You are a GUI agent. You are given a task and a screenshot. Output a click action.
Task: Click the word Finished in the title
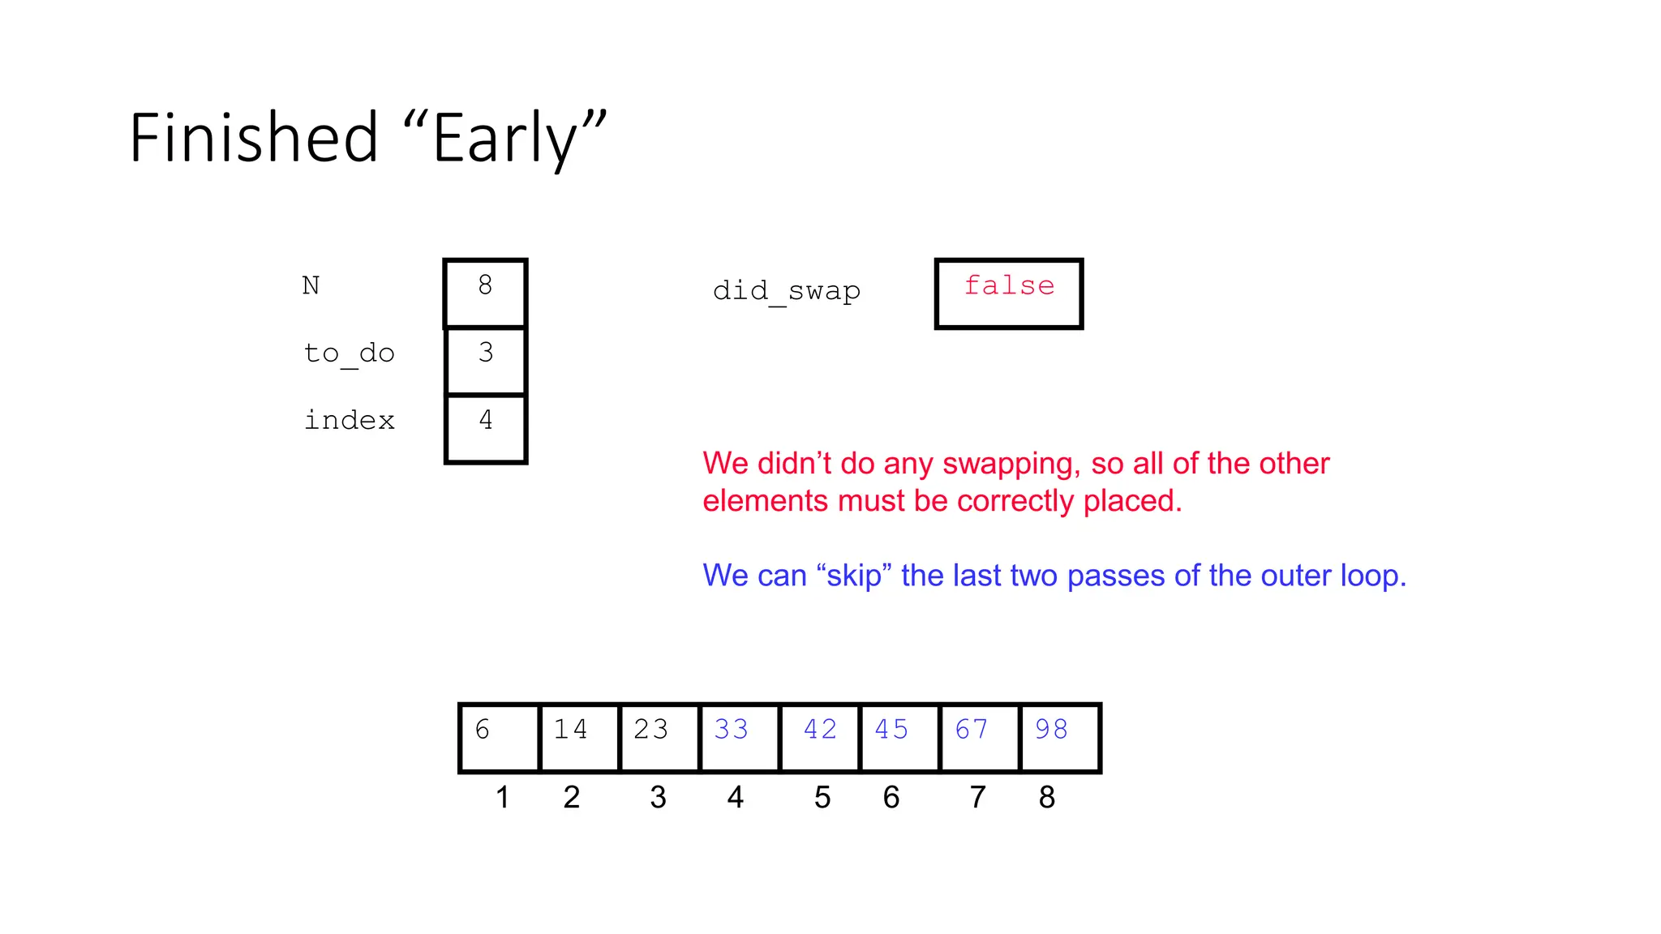[x=254, y=138]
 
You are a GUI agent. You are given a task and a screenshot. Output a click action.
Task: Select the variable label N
[x=311, y=285]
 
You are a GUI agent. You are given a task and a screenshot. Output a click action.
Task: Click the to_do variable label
[x=349, y=353]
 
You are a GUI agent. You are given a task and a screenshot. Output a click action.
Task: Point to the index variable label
[x=349, y=420]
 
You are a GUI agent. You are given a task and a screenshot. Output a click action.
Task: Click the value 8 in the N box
[x=485, y=285]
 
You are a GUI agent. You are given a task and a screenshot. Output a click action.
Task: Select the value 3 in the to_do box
[x=485, y=353]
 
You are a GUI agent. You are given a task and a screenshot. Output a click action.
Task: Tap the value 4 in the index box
[x=485, y=420]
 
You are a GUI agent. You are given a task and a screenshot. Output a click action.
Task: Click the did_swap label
[x=786, y=290]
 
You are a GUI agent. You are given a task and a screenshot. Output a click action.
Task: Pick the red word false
[x=1009, y=285]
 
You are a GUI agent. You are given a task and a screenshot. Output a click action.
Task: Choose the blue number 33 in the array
[x=731, y=730]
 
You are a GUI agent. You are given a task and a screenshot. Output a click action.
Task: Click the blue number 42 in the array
[x=820, y=730]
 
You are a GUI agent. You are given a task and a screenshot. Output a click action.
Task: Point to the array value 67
[x=971, y=730]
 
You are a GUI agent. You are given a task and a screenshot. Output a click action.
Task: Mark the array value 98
[x=1051, y=730]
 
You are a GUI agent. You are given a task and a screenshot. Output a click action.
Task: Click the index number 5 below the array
[x=822, y=798]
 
